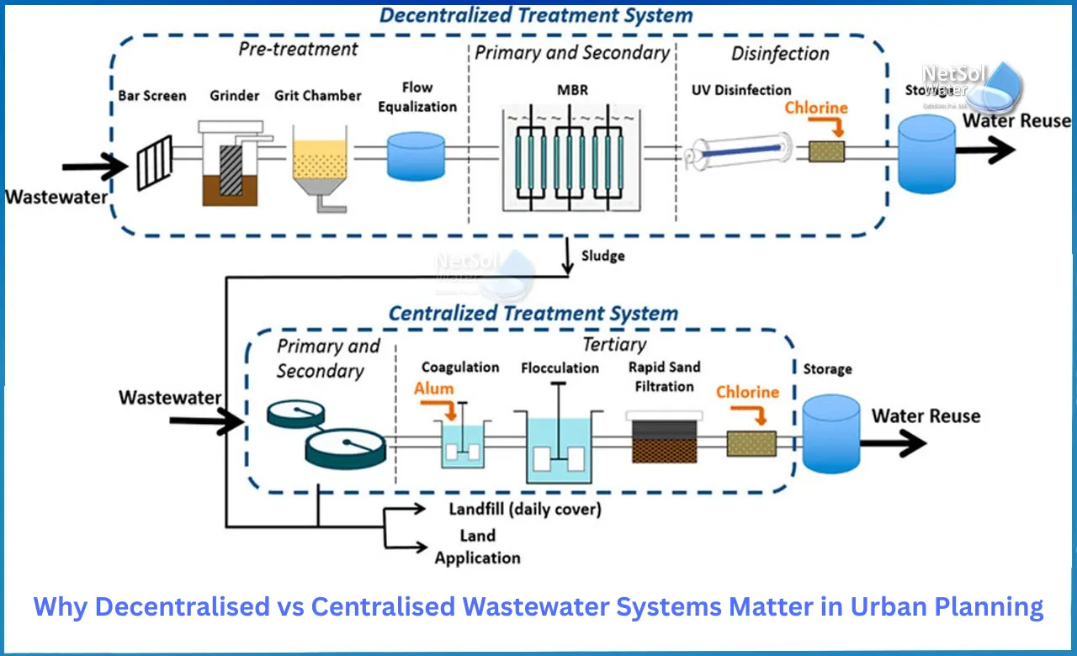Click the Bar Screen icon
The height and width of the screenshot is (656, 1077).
tap(155, 161)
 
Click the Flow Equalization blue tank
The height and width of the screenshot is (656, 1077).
tap(416, 156)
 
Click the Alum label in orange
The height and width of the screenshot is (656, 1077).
tap(433, 389)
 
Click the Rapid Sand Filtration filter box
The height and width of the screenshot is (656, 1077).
tap(664, 438)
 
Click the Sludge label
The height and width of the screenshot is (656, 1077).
tap(602, 255)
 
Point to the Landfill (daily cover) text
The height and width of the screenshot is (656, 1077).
tap(525, 509)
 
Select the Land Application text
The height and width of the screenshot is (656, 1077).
tap(477, 547)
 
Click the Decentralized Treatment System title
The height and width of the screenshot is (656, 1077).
tap(536, 15)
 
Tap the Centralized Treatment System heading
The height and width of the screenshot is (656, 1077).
tap(533, 314)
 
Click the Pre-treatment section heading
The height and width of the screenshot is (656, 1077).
tap(299, 49)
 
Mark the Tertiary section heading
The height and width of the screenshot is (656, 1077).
tap(614, 344)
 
